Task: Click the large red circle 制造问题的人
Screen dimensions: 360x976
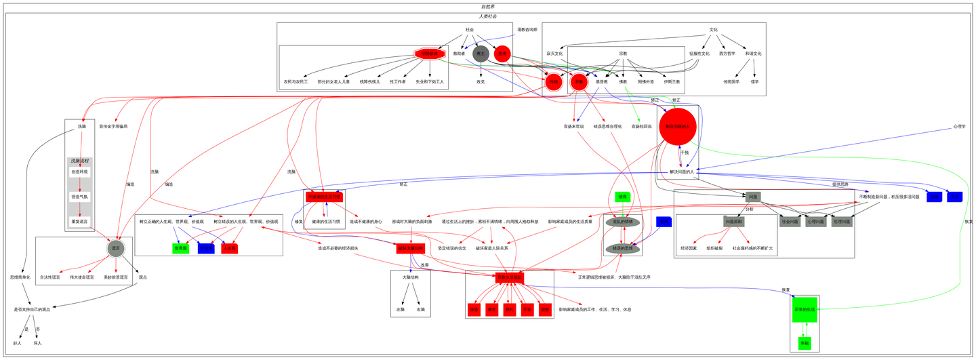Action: [677, 127]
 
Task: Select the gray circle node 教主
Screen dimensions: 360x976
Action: [481, 54]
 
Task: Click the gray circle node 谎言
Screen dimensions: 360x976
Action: [116, 249]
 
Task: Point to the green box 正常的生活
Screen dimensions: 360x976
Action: [805, 309]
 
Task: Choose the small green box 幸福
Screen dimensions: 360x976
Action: [805, 343]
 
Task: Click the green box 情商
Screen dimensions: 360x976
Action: [622, 197]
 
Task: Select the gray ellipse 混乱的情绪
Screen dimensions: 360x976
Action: [622, 222]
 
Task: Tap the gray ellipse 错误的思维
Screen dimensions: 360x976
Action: [622, 249]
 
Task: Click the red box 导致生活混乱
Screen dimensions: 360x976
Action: [509, 277]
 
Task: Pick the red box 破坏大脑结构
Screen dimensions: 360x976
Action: [410, 249]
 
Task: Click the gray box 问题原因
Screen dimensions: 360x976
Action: [734, 222]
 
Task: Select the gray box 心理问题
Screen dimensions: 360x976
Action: [815, 222]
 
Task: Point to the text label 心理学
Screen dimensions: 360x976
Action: [958, 126]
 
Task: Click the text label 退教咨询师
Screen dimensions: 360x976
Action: [527, 30]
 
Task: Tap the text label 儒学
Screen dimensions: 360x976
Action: [755, 82]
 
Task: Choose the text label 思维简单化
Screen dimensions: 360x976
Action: [20, 277]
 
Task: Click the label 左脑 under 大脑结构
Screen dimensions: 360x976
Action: [400, 309]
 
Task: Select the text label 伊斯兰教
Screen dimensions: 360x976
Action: [672, 82]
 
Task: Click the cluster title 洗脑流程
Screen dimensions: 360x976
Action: [79, 161]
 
